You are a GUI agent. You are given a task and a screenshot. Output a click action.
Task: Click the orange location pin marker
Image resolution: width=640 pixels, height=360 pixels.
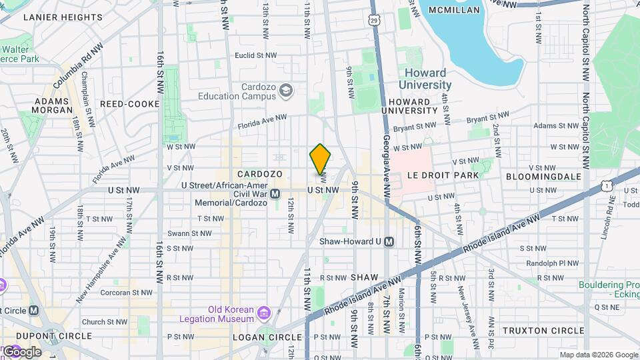point(320,159)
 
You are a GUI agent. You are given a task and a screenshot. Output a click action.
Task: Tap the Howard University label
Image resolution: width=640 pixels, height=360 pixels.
point(425,79)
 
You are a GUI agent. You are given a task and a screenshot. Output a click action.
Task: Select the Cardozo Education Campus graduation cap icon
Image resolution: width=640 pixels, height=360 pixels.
point(286,90)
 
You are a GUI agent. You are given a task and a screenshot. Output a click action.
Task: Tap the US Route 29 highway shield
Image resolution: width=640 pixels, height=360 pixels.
point(375,21)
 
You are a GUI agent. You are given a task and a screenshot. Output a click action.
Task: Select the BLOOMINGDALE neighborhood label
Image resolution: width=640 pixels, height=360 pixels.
point(543,176)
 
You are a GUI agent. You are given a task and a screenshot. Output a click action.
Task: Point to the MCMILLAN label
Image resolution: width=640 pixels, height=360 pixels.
point(454,10)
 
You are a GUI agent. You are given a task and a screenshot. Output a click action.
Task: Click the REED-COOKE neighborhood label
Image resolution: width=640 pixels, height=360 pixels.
point(129,104)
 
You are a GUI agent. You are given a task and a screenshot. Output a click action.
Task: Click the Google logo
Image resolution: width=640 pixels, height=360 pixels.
point(21,351)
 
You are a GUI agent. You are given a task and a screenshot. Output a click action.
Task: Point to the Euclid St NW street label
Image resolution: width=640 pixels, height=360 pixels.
point(255,56)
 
